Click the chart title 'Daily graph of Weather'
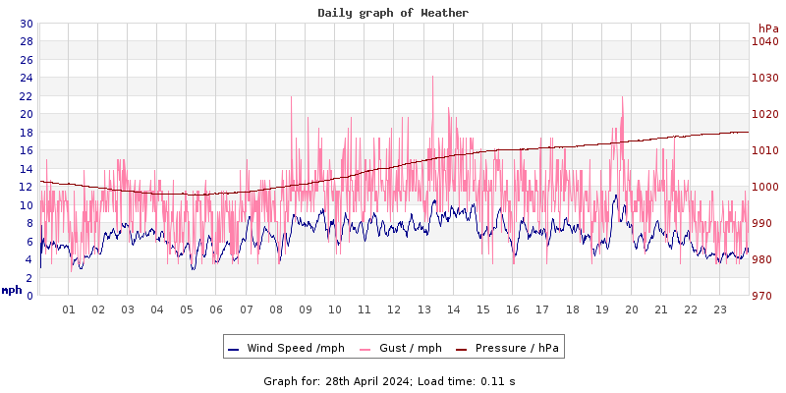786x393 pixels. [393, 13]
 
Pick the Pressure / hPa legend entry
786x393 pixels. [508, 348]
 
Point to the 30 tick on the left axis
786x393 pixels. [26, 24]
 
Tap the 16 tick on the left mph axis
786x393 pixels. [26, 150]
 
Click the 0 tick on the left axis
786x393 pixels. [29, 296]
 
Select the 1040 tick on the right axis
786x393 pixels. [764, 41]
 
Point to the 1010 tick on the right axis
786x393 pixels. [764, 150]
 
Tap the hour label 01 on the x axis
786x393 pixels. [69, 309]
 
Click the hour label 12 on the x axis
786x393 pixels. [394, 309]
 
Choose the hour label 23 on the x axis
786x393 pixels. [720, 309]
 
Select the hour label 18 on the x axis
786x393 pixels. [572, 309]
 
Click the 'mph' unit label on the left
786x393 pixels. [11, 290]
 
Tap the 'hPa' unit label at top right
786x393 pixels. [767, 28]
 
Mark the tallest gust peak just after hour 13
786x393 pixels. [432, 78]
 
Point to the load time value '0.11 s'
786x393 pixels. [497, 380]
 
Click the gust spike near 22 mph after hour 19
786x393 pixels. [622, 98]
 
